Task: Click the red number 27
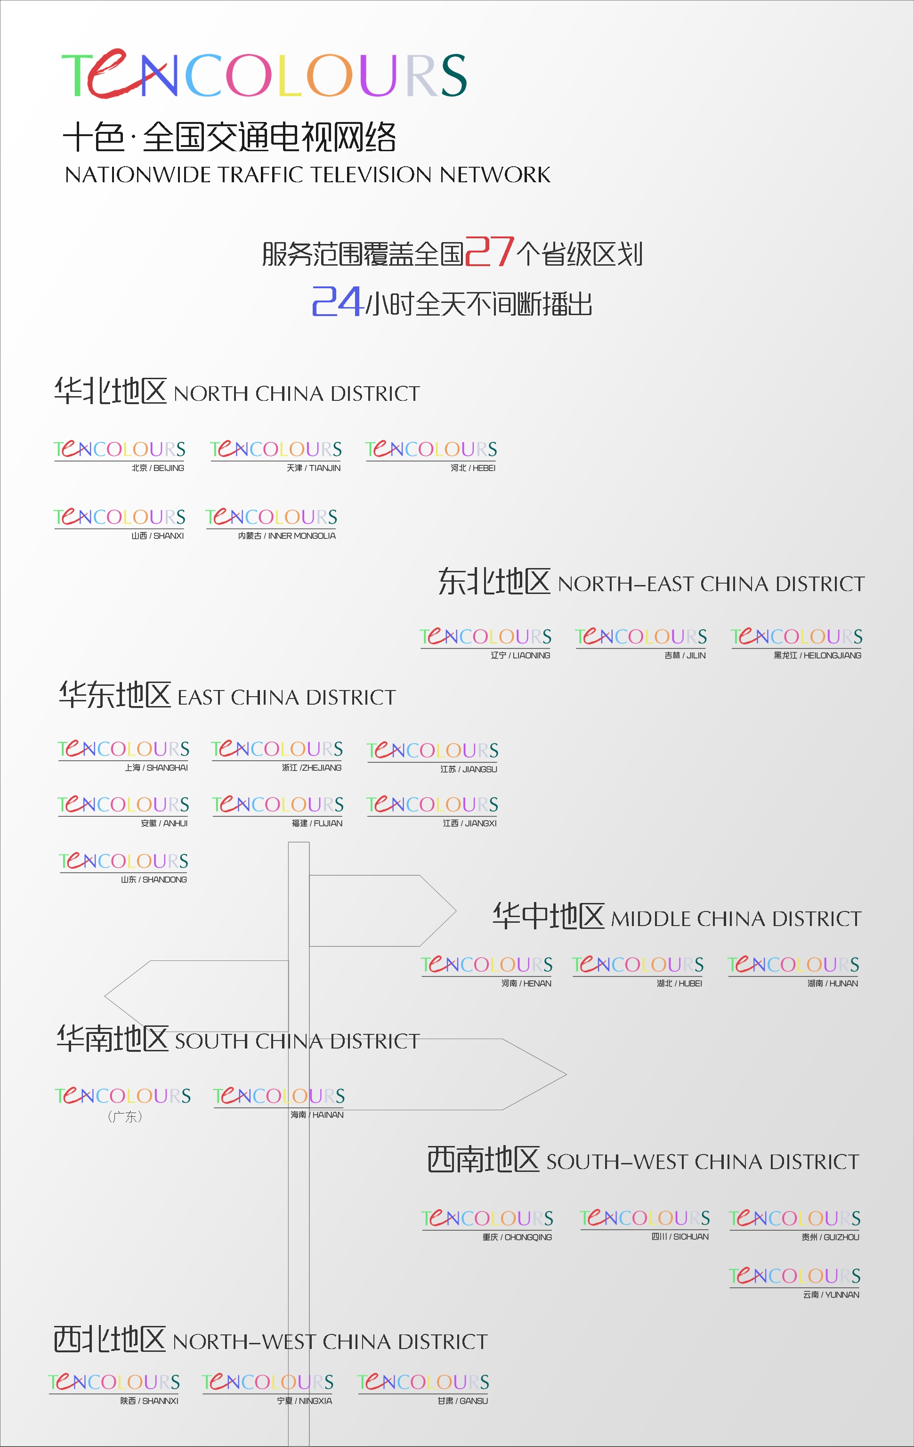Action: [489, 252]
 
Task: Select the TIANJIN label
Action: [314, 468]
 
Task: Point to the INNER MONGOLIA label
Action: [287, 536]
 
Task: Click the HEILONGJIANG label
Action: [817, 656]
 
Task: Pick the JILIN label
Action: [685, 656]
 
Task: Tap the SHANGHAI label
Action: [156, 768]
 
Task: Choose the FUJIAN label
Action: [317, 824]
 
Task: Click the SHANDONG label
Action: [154, 880]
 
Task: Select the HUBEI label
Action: [679, 984]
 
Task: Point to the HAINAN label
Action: [317, 1115]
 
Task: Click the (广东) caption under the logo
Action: [125, 1116]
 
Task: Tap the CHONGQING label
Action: [517, 1237]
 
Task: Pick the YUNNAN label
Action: [831, 1295]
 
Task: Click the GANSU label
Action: [463, 1401]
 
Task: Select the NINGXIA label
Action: [305, 1401]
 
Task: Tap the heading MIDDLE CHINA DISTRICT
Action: [736, 919]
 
